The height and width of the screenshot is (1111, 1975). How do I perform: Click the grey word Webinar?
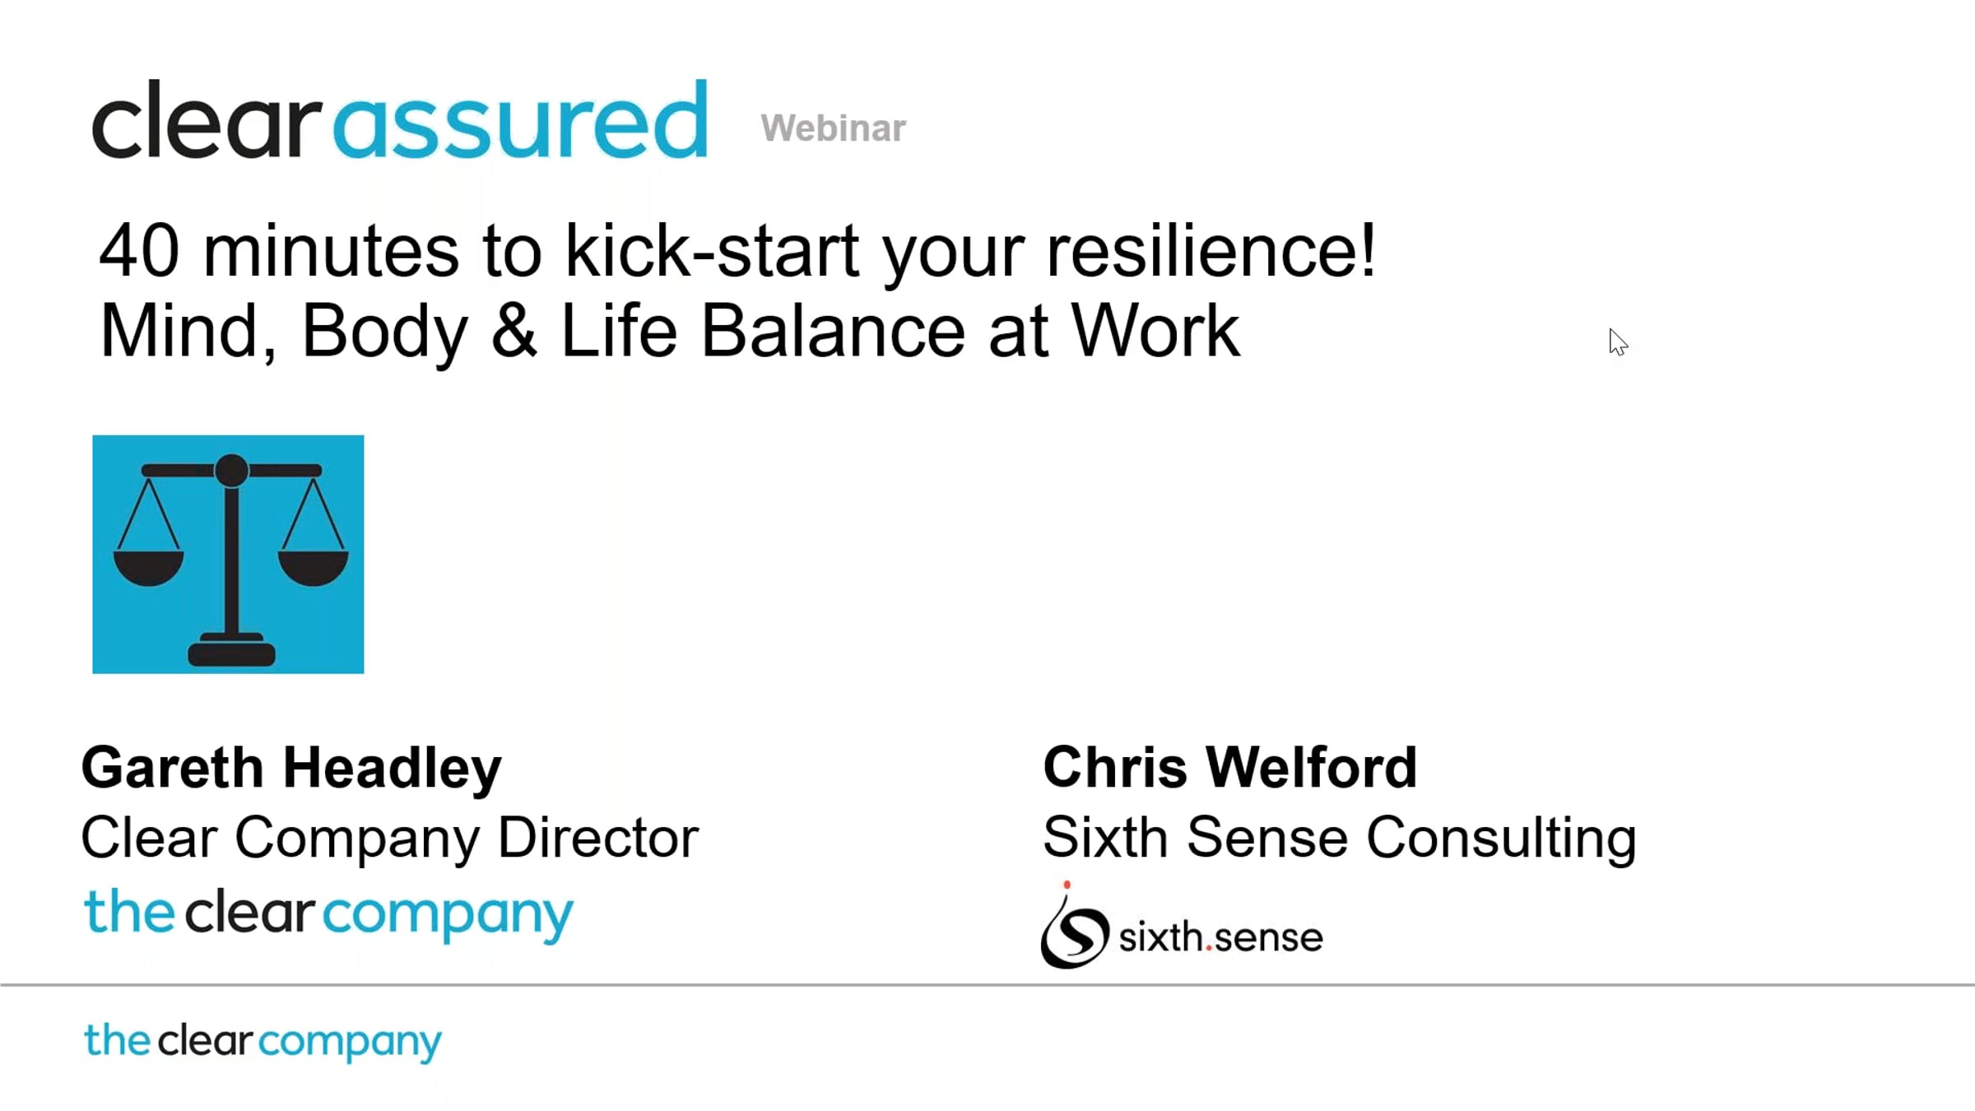coord(833,128)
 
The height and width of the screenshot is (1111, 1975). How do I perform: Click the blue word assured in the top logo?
coord(520,120)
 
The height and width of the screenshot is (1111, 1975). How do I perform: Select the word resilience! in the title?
coord(1211,250)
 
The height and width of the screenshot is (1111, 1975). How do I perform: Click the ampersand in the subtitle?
coord(514,331)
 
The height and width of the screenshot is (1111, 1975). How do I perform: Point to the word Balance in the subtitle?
coord(833,331)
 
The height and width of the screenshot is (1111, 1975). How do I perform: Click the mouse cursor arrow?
coord(1618,342)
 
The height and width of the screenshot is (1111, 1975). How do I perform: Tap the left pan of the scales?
coord(148,568)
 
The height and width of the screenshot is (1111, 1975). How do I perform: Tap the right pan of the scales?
coord(314,568)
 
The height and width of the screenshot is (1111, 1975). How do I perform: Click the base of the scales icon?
coord(231,651)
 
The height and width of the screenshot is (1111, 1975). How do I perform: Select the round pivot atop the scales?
coord(231,470)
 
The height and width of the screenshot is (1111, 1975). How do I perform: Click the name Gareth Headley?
coord(291,769)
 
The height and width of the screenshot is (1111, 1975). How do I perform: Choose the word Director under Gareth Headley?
coord(598,838)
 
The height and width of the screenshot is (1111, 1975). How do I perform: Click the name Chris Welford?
coord(1229,767)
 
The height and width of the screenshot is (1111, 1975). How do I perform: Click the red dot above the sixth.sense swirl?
coord(1066,886)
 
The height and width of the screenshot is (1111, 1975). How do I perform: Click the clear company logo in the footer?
coord(263,1042)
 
